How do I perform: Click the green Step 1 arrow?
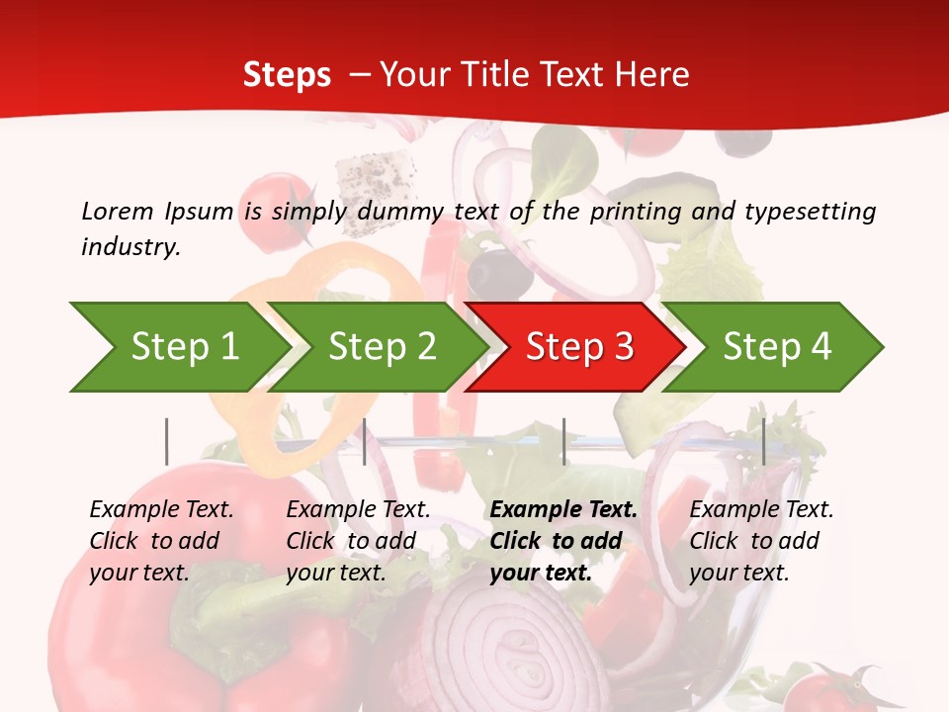pos(178,347)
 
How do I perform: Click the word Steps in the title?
pos(287,74)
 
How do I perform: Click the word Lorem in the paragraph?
pos(118,211)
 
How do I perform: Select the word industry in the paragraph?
pos(129,246)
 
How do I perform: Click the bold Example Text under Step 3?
pos(563,510)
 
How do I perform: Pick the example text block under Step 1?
pos(161,541)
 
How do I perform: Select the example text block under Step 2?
pos(358,541)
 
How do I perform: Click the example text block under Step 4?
pos(761,541)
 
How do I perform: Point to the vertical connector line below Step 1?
pos(167,441)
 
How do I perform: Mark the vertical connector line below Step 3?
pos(563,441)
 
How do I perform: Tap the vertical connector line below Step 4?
pos(763,441)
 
